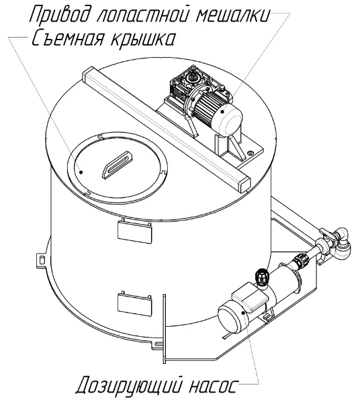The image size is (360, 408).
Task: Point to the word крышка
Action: [142, 39]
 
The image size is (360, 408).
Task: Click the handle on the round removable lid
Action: [117, 164]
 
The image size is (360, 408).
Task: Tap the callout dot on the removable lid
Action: [81, 172]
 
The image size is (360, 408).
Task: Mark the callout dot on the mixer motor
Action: [222, 111]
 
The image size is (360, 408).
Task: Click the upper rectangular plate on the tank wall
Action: [134, 232]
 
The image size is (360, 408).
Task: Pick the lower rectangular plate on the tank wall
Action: [134, 304]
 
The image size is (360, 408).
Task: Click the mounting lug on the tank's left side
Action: [40, 259]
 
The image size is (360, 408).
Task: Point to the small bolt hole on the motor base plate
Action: [251, 153]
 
